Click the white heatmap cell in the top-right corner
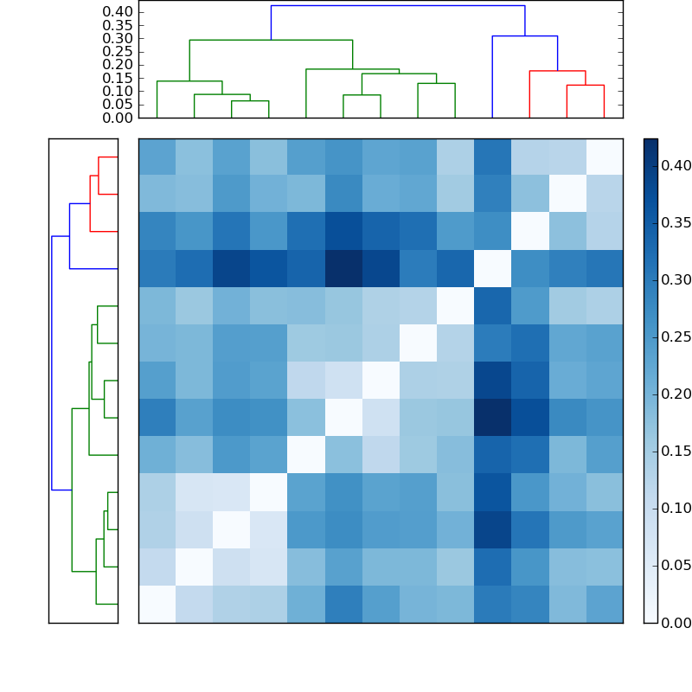tap(604, 157)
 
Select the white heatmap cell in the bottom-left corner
tap(157, 604)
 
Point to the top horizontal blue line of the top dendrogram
tap(398, 6)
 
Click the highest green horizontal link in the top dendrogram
tap(271, 40)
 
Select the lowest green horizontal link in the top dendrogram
tap(250, 101)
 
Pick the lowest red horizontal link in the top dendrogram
tap(585, 85)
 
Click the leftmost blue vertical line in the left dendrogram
tap(52, 363)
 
